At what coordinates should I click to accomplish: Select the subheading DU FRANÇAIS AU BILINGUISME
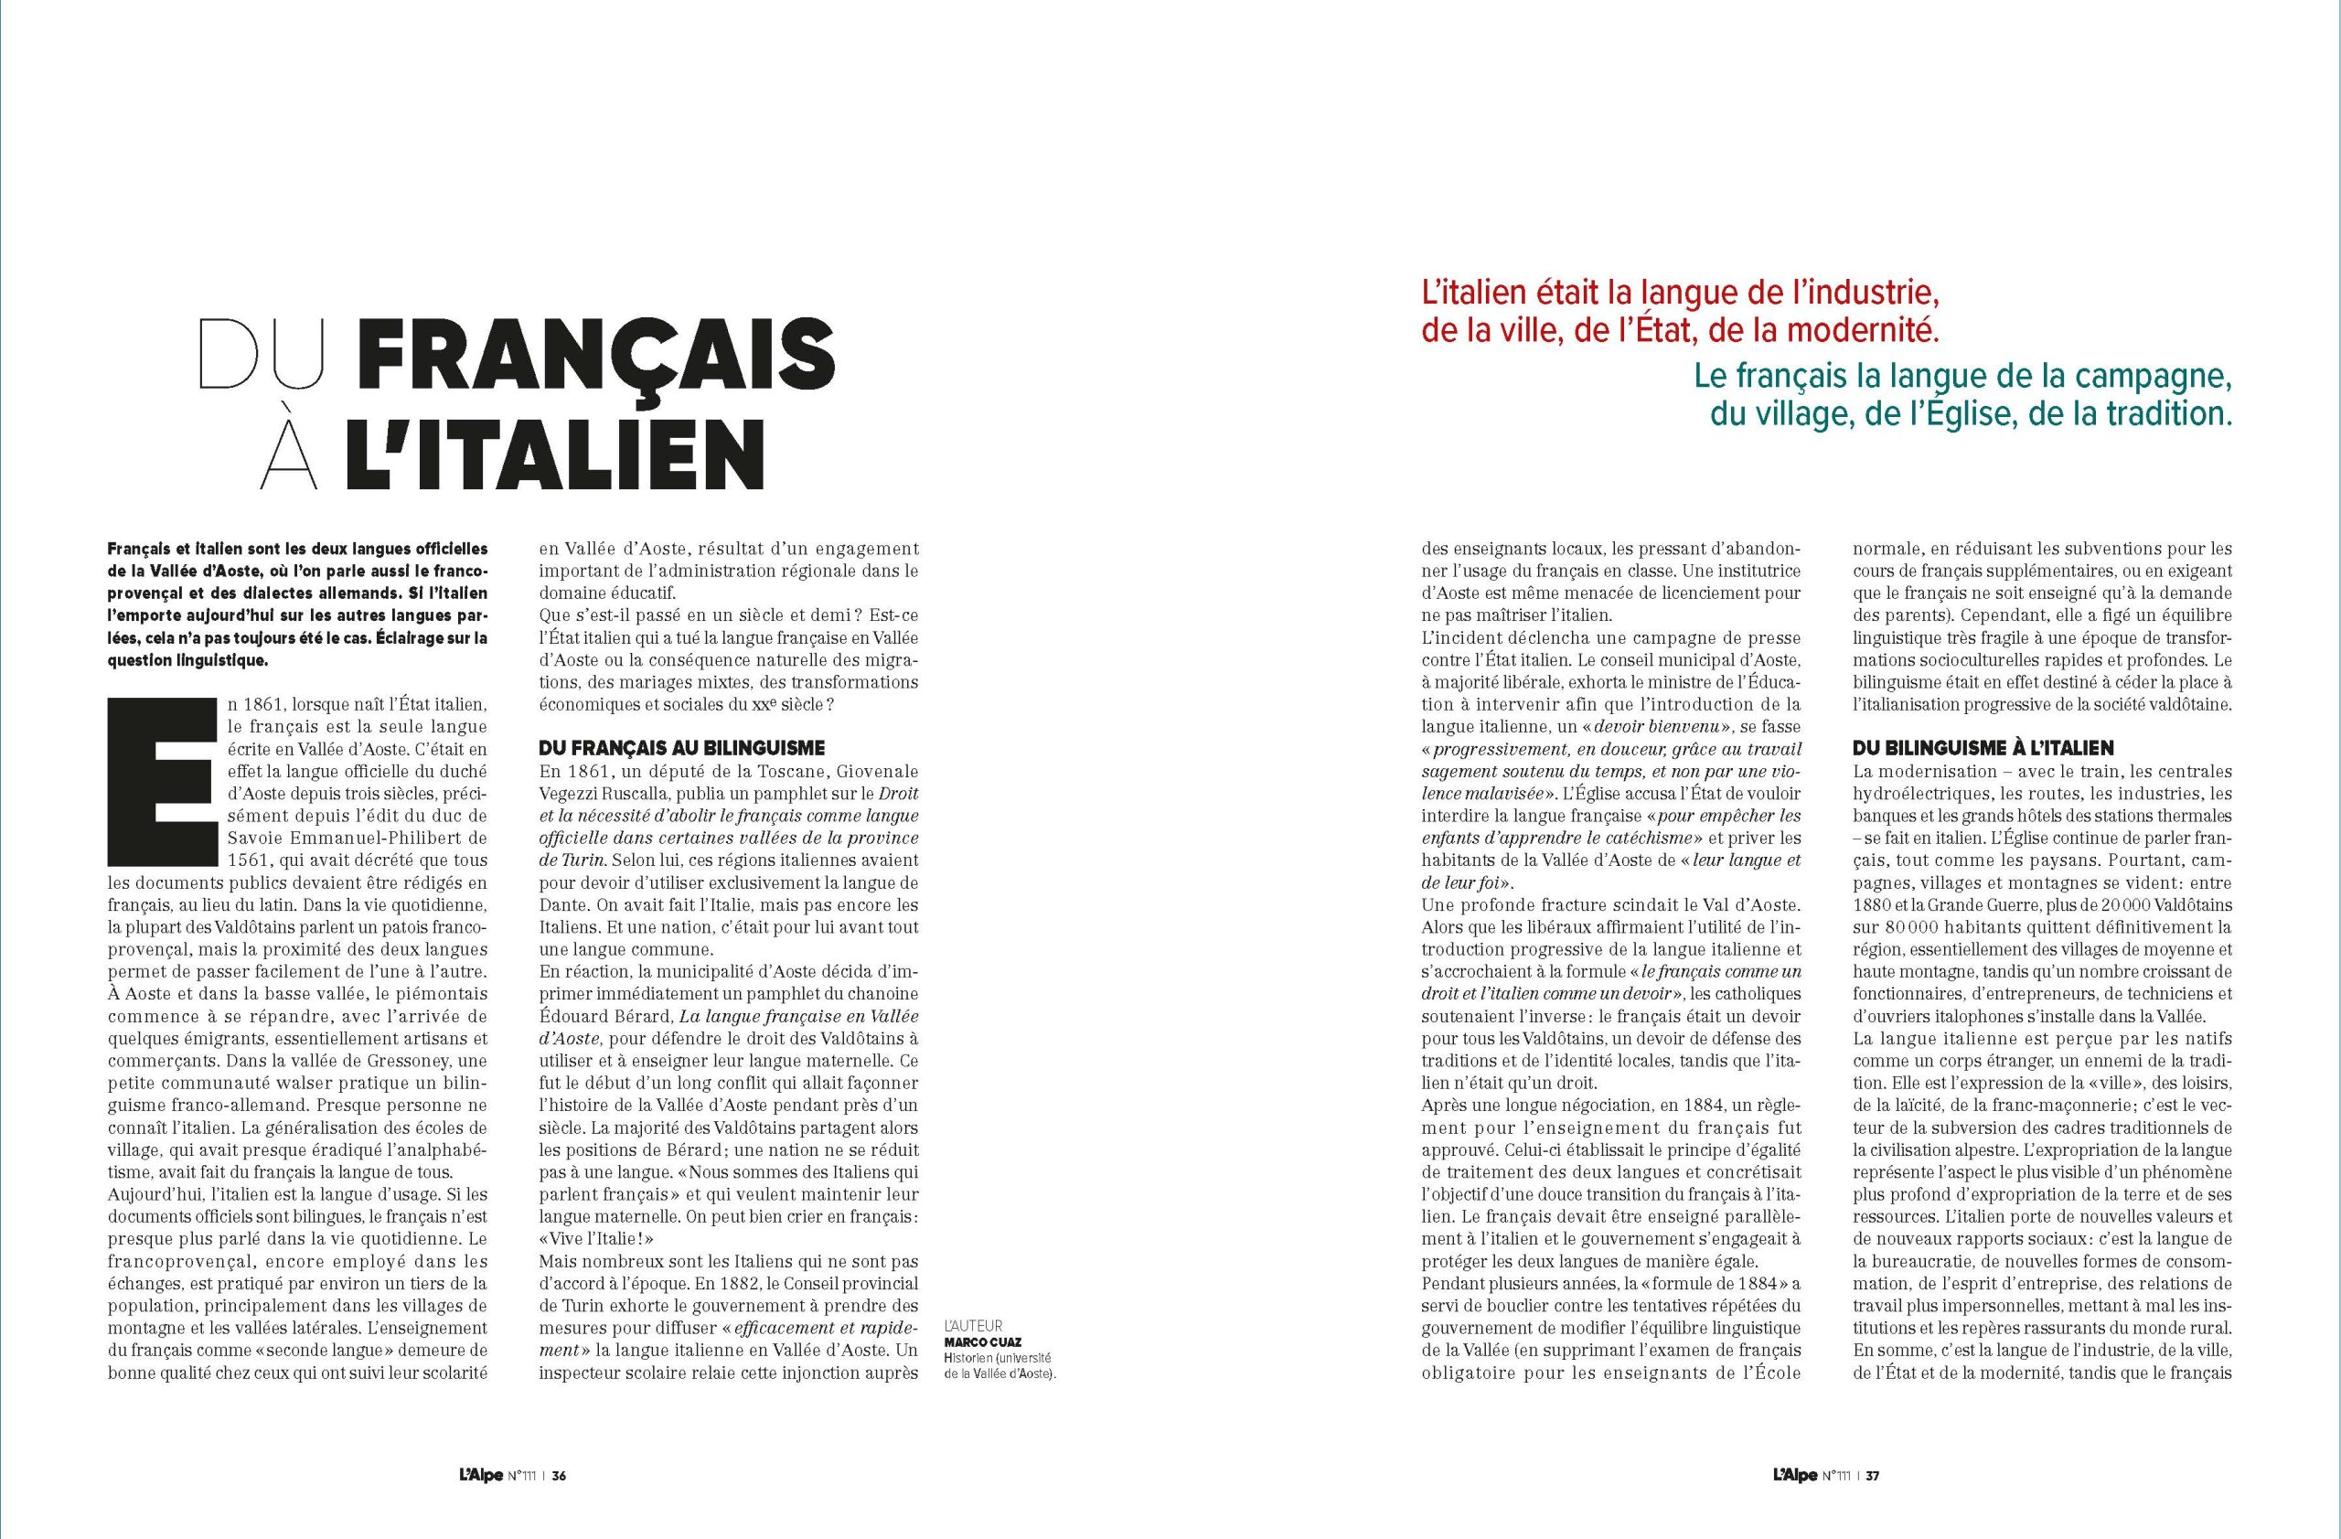[681, 749]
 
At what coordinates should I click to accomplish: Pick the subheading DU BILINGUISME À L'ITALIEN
[1983, 749]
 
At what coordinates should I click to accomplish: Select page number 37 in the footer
[1872, 1475]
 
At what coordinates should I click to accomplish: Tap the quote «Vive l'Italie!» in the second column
[596, 1239]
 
